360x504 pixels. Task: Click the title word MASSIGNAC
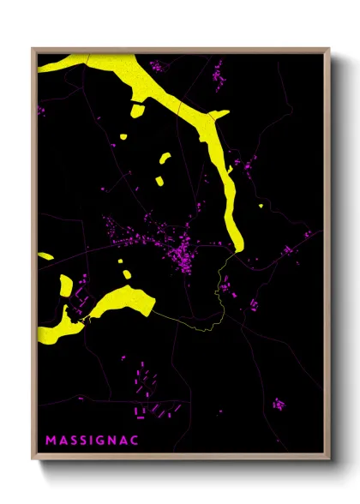[x=91, y=440]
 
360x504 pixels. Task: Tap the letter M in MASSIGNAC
[x=51, y=440]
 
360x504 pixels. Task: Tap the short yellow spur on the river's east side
[x=219, y=114]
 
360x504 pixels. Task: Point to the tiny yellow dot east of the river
[x=261, y=206]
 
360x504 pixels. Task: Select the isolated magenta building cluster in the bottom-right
[x=278, y=402]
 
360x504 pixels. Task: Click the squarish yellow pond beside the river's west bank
[x=137, y=109]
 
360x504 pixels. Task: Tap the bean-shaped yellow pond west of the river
[x=164, y=159]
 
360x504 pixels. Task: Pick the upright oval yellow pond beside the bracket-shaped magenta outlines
[x=127, y=276]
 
